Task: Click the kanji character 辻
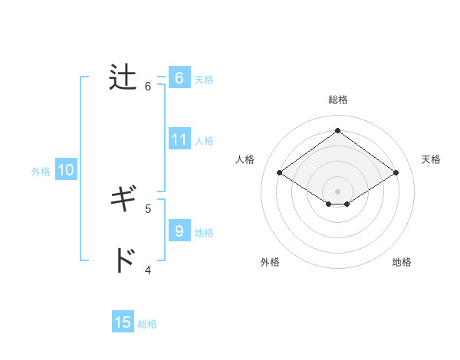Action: [123, 78]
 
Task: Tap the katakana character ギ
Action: [123, 201]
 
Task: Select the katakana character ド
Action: [123, 261]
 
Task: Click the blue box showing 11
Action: [179, 139]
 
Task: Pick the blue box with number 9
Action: [179, 231]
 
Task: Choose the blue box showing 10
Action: [66, 171]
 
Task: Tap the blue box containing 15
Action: [123, 322]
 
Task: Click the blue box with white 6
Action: [179, 78]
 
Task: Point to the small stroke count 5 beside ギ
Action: [148, 208]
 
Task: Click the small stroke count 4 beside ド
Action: [148, 269]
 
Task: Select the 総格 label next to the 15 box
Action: [147, 324]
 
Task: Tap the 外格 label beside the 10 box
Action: [41, 172]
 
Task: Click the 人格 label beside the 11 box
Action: [204, 141]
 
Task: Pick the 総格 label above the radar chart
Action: [337, 100]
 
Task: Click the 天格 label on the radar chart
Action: [431, 159]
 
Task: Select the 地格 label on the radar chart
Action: [402, 262]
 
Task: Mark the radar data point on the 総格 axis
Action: [337, 130]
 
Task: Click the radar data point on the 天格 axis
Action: [396, 173]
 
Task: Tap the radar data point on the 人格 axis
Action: [279, 173]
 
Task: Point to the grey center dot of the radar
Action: [337, 191]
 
